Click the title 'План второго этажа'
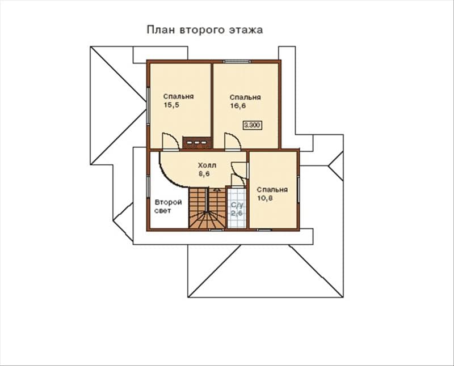[x=205, y=30]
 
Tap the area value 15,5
[x=172, y=105]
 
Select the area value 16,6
[x=238, y=106]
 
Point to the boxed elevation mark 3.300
[x=253, y=125]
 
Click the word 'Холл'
[x=207, y=165]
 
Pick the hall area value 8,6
[x=204, y=174]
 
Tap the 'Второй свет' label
[x=168, y=206]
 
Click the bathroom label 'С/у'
[x=237, y=205]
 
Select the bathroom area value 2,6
[x=237, y=214]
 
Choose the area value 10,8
[x=265, y=198]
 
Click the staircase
[x=207, y=207]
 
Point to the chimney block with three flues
[x=197, y=143]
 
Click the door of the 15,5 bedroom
[x=171, y=142]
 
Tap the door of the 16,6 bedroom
[x=232, y=142]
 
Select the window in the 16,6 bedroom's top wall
[x=237, y=61]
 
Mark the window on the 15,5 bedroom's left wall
[x=148, y=107]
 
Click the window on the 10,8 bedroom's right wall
[x=299, y=189]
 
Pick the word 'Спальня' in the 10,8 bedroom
[x=272, y=190]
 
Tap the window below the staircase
[x=217, y=230]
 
